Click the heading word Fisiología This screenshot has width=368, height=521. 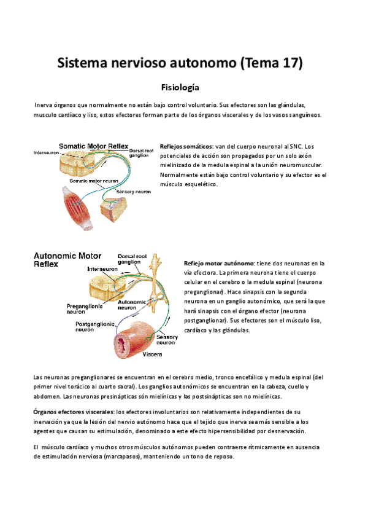[183, 88]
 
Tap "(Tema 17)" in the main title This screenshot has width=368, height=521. [267, 63]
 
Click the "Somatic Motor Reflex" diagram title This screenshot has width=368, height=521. [93, 146]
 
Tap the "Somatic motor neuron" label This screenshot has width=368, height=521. [94, 181]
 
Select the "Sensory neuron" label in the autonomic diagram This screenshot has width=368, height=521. [167, 340]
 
